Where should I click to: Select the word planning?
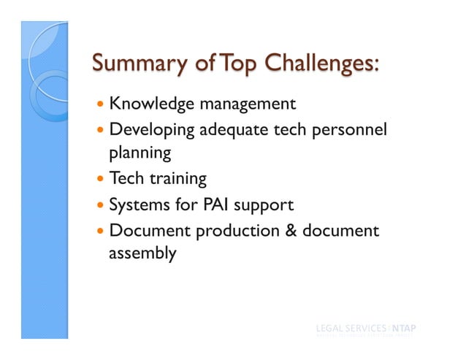(x=140, y=154)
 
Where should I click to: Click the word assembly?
(x=142, y=254)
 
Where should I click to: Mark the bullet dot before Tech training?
(x=100, y=180)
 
